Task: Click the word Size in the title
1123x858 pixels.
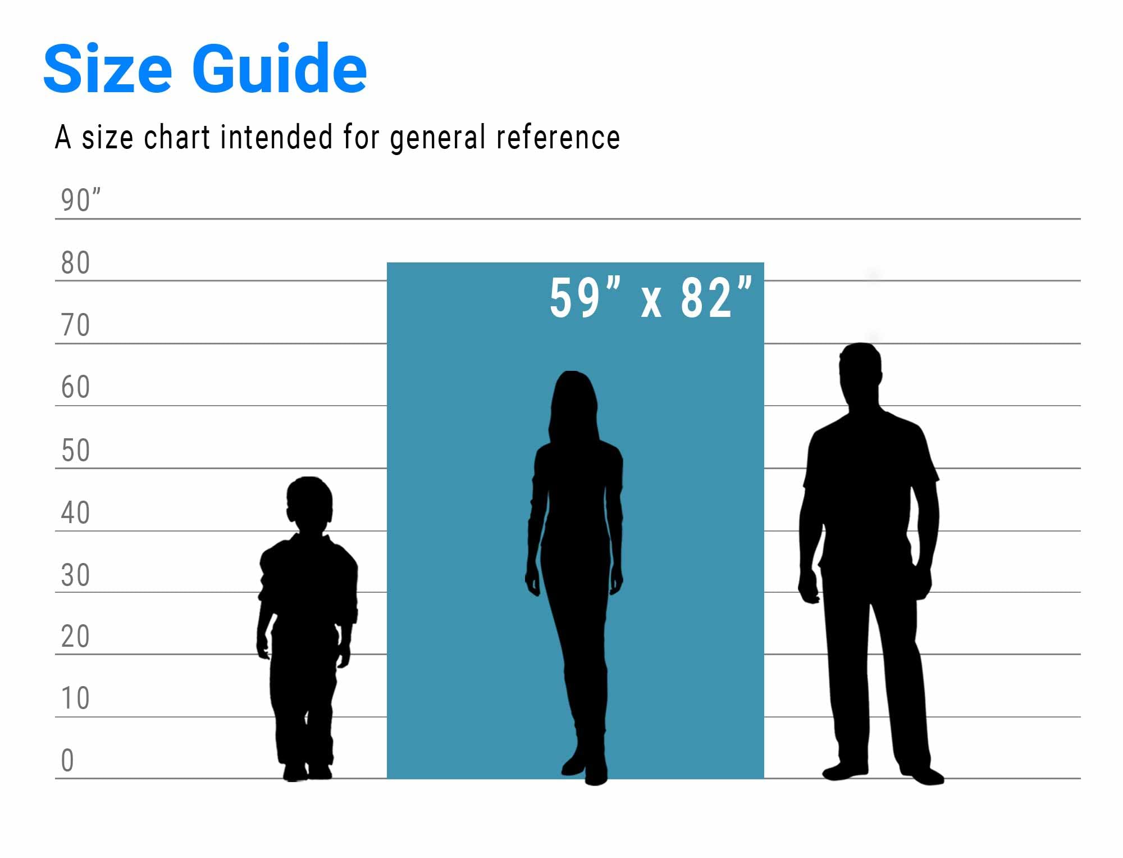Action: point(107,68)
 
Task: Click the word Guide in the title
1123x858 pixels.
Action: point(280,68)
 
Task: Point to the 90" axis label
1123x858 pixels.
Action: point(81,200)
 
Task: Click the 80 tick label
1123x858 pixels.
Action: point(75,262)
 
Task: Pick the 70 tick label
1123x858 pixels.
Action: point(75,325)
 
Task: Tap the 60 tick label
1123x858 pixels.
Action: point(75,387)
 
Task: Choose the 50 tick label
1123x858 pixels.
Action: point(75,450)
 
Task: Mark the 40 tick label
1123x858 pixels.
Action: point(75,512)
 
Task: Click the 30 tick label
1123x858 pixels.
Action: point(75,575)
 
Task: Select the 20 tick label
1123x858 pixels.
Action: point(75,637)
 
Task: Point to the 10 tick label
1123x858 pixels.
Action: point(75,698)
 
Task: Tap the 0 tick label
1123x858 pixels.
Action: point(67,760)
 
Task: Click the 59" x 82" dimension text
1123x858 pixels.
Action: point(651,298)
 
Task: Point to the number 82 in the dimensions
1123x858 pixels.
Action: point(706,298)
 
